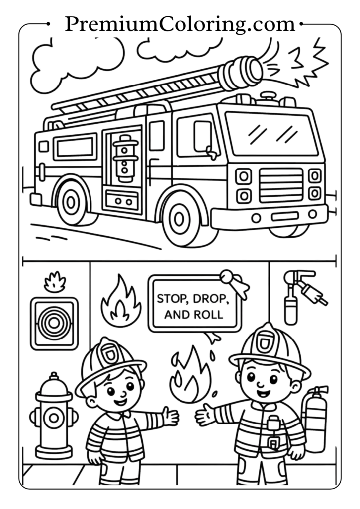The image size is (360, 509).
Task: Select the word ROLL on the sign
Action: [211, 315]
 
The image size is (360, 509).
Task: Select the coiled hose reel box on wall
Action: [54, 324]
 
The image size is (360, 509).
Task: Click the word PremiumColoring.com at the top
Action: [180, 23]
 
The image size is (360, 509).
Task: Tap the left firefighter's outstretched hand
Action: [170, 416]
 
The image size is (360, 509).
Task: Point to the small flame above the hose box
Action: [54, 282]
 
